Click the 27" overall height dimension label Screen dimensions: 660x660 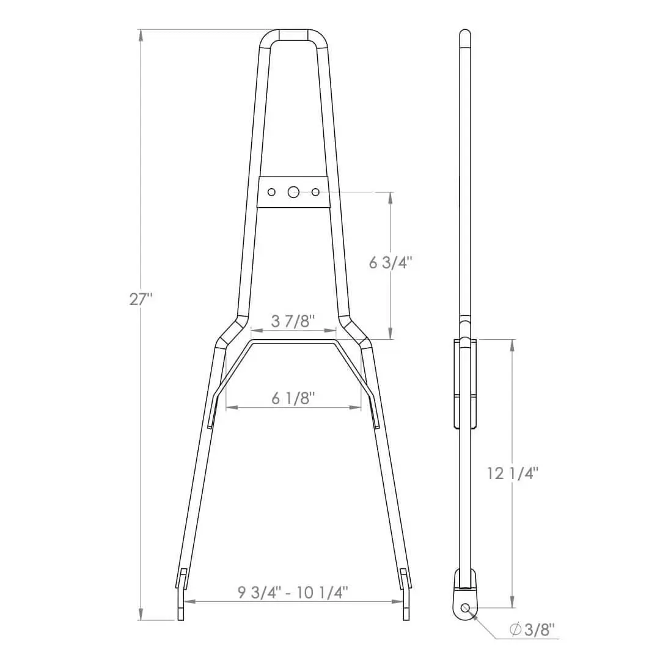[x=141, y=299]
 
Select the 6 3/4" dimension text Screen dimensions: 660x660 [x=391, y=262]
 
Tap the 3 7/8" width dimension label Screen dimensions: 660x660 [x=293, y=321]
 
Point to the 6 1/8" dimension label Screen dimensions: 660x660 [x=293, y=398]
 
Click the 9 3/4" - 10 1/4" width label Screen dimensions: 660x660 [x=293, y=592]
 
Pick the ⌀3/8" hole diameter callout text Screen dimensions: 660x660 [x=532, y=629]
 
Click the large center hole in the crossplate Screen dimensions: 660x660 [x=293, y=192]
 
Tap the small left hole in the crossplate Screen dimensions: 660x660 [x=271, y=192]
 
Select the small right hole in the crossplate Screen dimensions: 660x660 [x=315, y=192]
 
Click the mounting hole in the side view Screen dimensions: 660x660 [x=466, y=608]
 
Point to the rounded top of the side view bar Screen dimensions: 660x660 [x=465, y=33]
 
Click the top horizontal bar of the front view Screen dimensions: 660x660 [x=293, y=35]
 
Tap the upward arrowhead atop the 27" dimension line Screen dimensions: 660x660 [x=141, y=35]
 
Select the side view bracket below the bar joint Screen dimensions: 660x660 [x=464, y=382]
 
